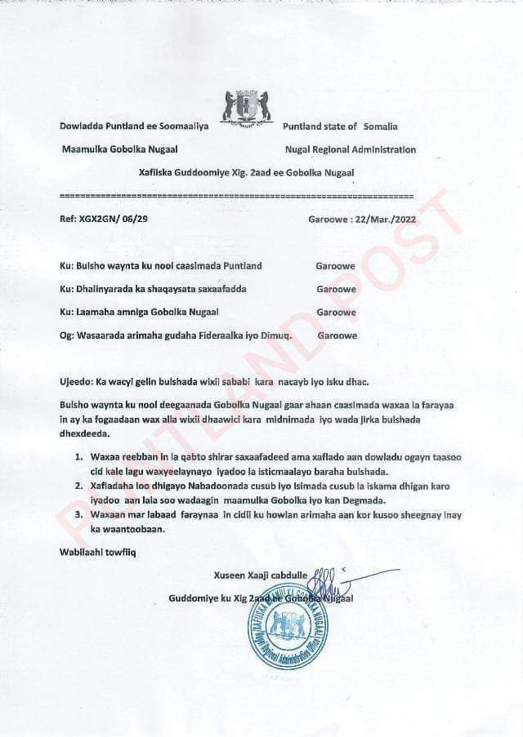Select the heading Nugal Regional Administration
pos(350,149)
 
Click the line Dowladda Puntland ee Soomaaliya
pos(135,127)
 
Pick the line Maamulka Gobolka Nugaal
pos(120,149)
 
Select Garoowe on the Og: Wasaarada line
pos(336,335)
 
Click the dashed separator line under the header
pos(237,196)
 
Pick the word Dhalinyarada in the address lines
pos(110,289)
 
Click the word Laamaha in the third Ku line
pos(96,313)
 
